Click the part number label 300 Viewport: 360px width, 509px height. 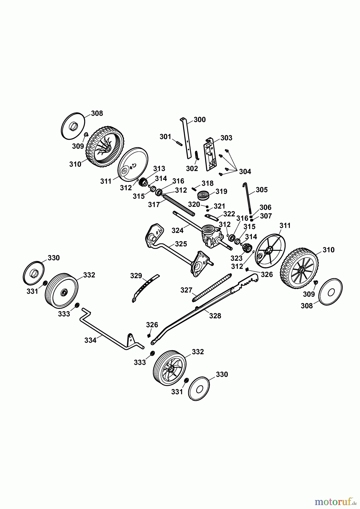tap(200, 120)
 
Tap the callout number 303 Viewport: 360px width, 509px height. tap(226, 138)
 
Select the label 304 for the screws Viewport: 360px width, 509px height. tap(245, 172)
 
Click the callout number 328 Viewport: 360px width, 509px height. tap(215, 316)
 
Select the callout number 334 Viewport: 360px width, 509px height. tap(90, 340)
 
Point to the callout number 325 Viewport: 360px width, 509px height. tap(181, 244)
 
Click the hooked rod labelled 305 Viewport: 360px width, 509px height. tap(248, 198)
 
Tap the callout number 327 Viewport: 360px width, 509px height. tap(187, 290)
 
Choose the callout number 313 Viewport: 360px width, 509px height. tap(159, 169)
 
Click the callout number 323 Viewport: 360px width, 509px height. tap(237, 258)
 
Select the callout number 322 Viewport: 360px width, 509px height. tap(229, 214)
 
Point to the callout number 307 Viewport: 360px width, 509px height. tap(266, 216)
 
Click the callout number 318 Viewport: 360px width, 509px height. tap(207, 183)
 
